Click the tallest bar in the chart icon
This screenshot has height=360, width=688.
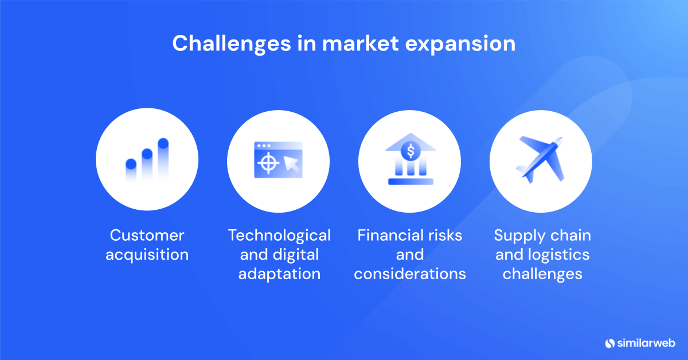click(163, 158)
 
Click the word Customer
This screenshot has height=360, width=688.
click(147, 235)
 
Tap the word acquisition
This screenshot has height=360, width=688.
click(147, 255)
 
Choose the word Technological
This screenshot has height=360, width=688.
click(279, 235)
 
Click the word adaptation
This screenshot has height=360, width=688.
click(279, 274)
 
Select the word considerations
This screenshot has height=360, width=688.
click(410, 274)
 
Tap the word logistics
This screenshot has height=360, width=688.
click(555, 255)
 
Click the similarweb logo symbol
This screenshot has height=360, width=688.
click(609, 343)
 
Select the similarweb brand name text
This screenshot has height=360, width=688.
click(647, 343)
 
